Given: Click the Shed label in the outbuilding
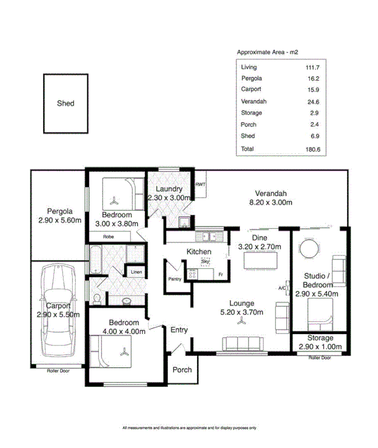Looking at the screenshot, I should coord(66,104).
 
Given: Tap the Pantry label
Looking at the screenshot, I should coord(174,279).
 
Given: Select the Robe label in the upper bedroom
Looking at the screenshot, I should coord(109,236).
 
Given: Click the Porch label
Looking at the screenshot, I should coord(182,369).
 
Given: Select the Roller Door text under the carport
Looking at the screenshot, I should coord(58,370).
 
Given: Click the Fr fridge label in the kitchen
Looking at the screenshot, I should coord(220,275).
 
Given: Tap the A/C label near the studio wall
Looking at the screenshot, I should coord(282,288).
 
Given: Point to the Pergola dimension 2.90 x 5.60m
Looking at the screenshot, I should coord(59,221).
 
